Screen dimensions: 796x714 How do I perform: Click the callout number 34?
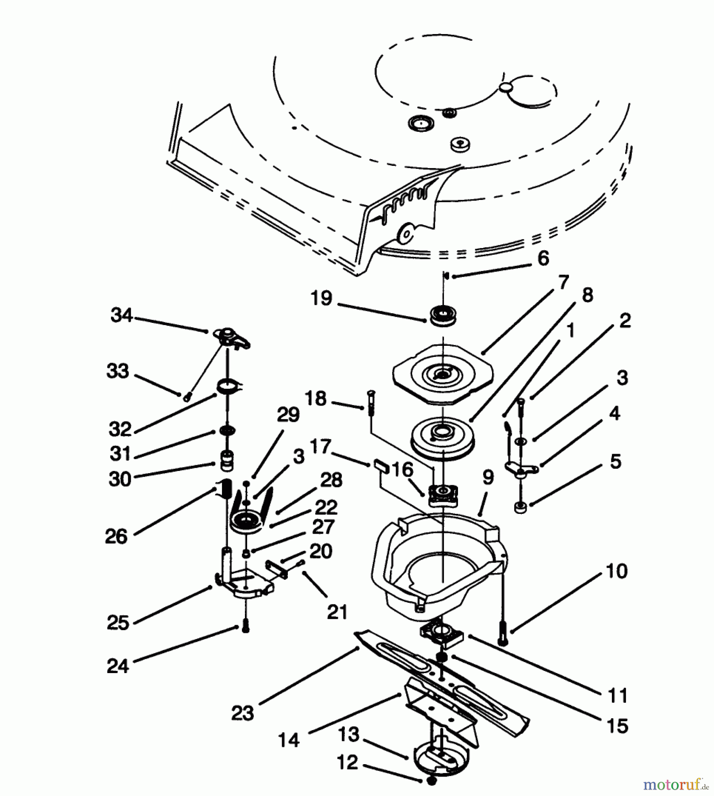coord(121,315)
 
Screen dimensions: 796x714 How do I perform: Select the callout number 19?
coord(321,298)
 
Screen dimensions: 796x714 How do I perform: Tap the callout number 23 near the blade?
coord(243,713)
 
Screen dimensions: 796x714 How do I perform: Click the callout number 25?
coord(118,622)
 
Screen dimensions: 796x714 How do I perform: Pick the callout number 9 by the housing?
coord(488,477)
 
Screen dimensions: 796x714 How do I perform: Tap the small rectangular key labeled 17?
coord(382,466)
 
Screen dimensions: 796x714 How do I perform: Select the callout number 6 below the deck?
coord(543,258)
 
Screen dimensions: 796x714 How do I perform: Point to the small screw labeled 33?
coord(187,398)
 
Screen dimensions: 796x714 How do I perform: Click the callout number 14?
coord(289,739)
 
